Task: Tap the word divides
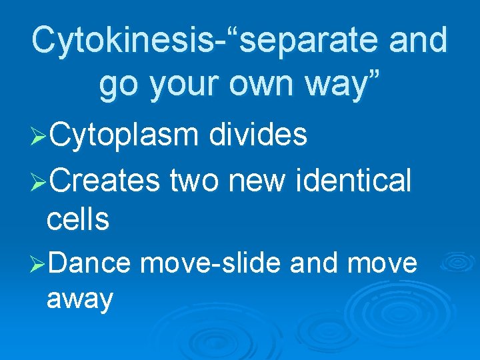coord(257,135)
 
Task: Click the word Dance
coord(89,263)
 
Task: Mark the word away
coord(80,300)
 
